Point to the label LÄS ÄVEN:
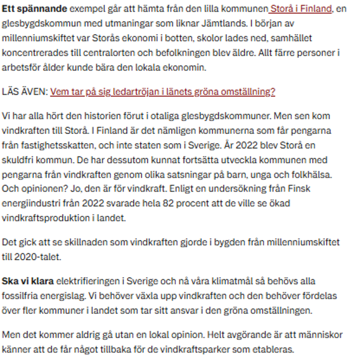click(x=25, y=92)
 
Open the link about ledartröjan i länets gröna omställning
click(x=163, y=92)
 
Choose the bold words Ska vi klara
click(x=29, y=281)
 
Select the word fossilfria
click(x=24, y=296)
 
